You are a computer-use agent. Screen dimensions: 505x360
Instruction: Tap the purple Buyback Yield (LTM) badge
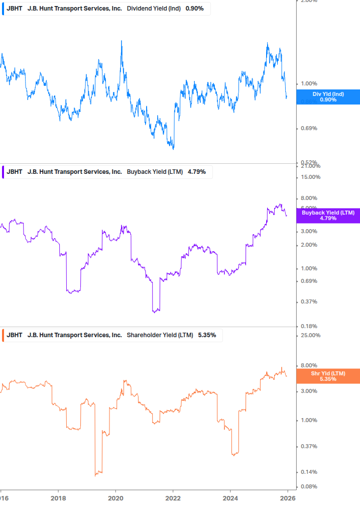pos(328,216)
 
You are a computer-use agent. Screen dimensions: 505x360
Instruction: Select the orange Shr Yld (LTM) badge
pos(328,376)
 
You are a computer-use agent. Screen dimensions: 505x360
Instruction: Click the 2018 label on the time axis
pos(58,497)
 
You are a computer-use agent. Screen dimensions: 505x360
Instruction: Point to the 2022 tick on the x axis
pos(173,497)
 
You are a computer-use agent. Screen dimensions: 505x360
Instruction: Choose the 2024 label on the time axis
pos(230,497)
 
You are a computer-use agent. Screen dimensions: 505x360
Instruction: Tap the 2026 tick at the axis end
pos(287,497)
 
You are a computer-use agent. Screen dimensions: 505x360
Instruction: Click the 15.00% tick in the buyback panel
pos(310,177)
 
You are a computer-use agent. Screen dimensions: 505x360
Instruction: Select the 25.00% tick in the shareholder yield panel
pos(310,336)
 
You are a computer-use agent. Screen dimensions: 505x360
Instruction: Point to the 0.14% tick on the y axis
pos(308,472)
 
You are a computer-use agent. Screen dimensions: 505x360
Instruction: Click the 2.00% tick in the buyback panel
pos(308,245)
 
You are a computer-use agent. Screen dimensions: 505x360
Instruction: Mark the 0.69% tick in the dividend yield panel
pos(308,129)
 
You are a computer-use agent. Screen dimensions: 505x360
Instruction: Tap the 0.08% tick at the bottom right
pos(308,487)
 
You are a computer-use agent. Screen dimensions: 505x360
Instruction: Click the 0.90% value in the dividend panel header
pos(195,9)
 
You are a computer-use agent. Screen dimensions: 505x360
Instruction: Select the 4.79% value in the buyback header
pos(197,172)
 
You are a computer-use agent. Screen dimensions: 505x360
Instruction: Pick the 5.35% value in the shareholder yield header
pos(207,335)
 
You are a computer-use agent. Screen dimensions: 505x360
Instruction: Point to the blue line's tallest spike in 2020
pos(122,41)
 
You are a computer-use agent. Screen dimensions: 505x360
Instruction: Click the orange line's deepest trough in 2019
pos(96,475)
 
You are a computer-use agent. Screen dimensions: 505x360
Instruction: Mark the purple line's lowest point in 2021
pos(155,312)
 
